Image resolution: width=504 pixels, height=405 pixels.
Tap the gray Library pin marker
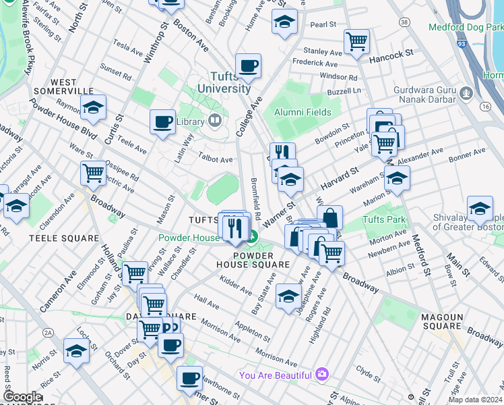point(215,121)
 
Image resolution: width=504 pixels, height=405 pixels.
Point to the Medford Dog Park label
point(466,26)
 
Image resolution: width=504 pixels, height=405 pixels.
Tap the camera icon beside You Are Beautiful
point(322,375)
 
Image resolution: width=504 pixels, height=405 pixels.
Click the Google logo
point(22,396)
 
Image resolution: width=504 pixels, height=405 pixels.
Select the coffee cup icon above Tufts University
point(248,66)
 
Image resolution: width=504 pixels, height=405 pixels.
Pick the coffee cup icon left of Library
point(162,122)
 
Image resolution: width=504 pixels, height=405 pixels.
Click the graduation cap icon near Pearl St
point(284,22)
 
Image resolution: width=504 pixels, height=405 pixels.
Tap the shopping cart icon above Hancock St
point(356,42)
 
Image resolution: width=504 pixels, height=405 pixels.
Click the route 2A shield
point(48,332)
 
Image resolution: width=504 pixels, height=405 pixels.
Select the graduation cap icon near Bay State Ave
point(288,296)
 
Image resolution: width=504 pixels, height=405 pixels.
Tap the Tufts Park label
point(385,220)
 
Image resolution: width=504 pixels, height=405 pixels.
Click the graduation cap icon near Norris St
point(76,350)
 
